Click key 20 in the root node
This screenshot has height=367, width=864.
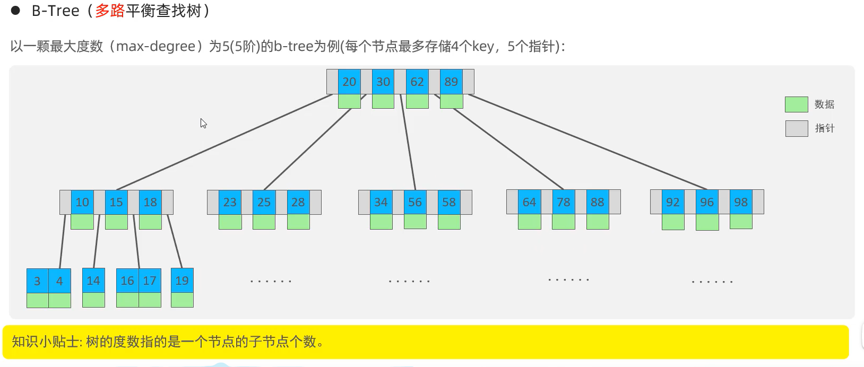pos(349,82)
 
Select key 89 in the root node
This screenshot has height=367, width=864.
pos(451,82)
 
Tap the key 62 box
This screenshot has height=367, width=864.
pos(417,82)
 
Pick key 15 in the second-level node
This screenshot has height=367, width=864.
pos(116,202)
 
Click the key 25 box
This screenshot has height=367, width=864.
pos(264,202)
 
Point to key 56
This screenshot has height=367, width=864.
pos(415,202)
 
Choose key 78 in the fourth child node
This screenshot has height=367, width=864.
pos(564,202)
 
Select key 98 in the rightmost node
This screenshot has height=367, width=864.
pos(741,202)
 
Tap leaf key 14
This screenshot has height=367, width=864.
pos(93,281)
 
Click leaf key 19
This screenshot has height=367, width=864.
pos(182,281)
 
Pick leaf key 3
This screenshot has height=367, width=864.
pos(37,281)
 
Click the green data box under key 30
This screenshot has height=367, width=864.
pos(383,101)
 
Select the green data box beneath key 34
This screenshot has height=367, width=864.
pos(381,222)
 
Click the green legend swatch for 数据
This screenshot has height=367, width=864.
pos(796,104)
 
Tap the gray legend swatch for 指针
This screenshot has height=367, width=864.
pos(796,128)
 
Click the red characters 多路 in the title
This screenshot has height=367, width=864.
pos(110,11)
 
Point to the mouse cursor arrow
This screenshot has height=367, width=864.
pos(203,123)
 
